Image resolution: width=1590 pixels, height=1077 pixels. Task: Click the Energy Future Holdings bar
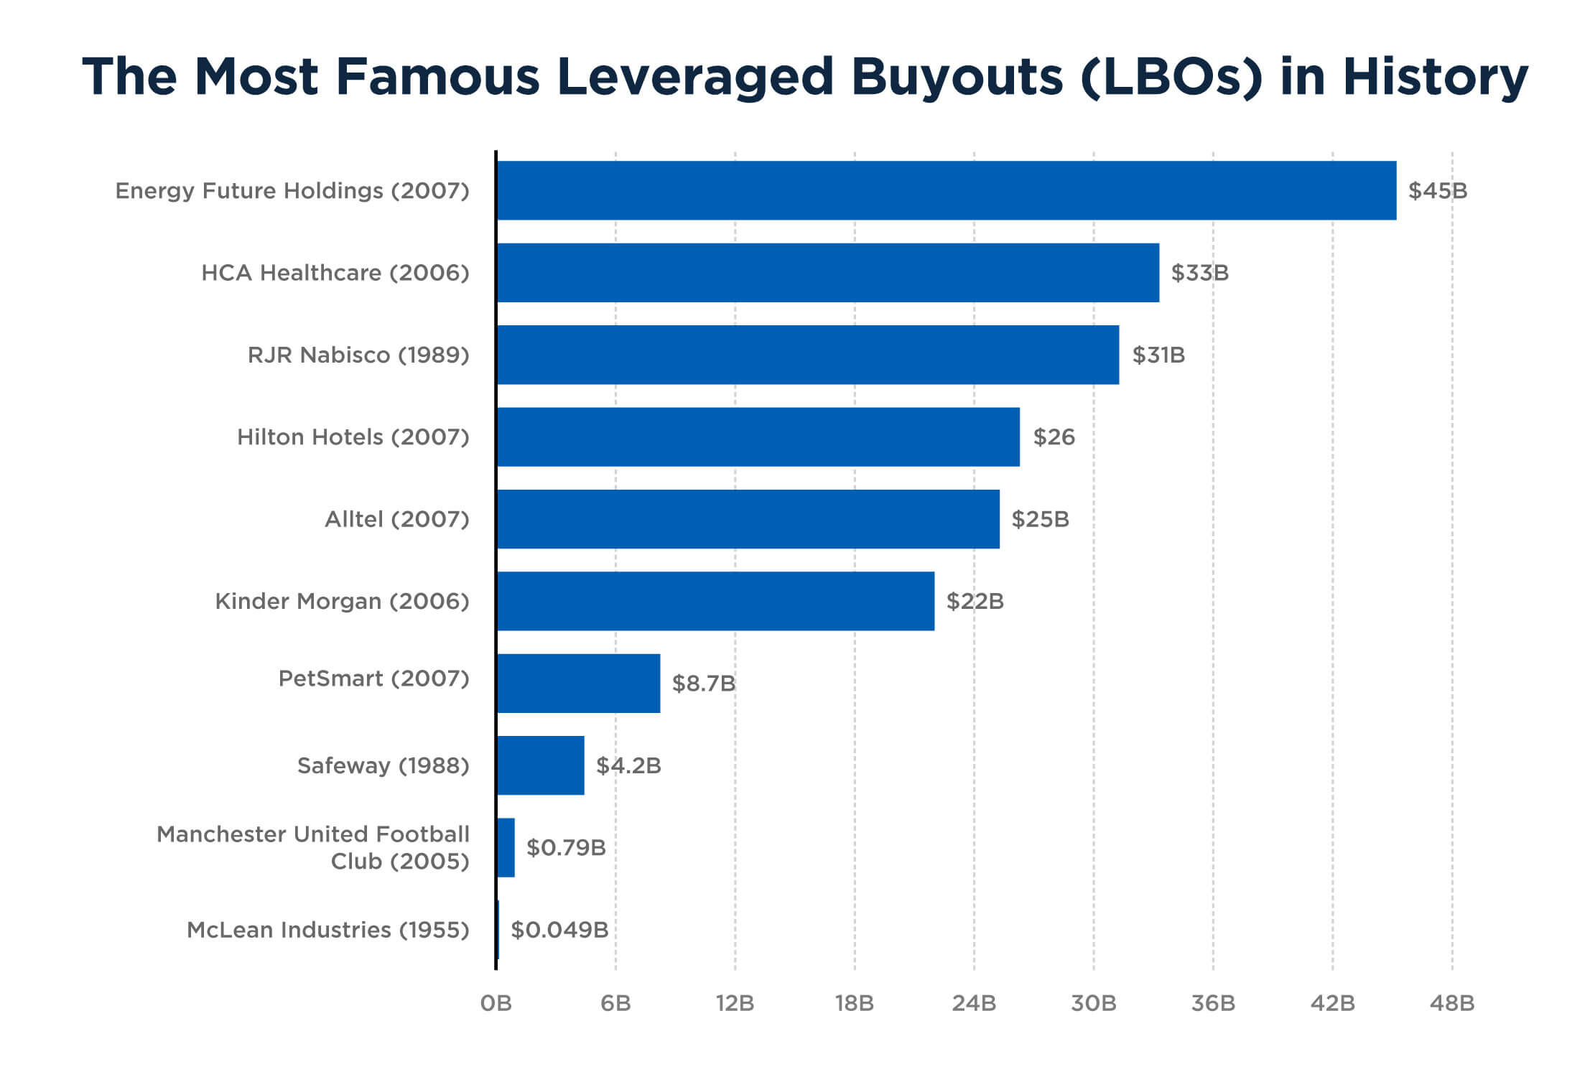click(x=947, y=190)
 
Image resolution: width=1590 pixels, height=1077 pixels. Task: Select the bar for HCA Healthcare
click(x=827, y=273)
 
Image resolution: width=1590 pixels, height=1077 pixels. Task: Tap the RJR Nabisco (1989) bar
click(x=807, y=355)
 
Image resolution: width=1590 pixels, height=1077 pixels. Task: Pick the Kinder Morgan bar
click(x=715, y=601)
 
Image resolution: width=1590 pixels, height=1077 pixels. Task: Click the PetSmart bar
click(x=578, y=683)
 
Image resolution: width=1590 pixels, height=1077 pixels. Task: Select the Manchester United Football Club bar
click(x=506, y=847)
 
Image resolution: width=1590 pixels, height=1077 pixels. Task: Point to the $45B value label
click(x=1437, y=191)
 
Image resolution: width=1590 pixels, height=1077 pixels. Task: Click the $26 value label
click(x=1054, y=437)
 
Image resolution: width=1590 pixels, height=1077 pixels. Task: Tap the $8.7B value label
click(x=703, y=684)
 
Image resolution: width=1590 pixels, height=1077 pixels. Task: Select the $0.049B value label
click(x=559, y=930)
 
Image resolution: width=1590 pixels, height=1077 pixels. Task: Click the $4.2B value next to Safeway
click(x=628, y=765)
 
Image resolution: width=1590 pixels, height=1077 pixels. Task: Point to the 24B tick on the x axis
click(x=974, y=1003)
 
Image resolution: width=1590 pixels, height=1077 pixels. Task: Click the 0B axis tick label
click(x=496, y=1003)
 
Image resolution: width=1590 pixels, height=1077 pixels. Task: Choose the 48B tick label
click(x=1451, y=1003)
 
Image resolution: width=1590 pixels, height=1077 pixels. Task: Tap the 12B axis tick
click(x=735, y=1003)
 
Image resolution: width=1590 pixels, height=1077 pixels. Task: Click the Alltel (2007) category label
click(x=396, y=519)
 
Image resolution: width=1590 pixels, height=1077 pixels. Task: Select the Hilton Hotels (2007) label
click(x=353, y=437)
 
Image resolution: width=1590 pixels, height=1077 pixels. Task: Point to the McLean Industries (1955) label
click(x=327, y=930)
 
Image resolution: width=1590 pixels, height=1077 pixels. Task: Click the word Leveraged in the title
click(x=694, y=78)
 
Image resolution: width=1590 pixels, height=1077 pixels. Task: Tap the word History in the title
click(x=1435, y=76)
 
